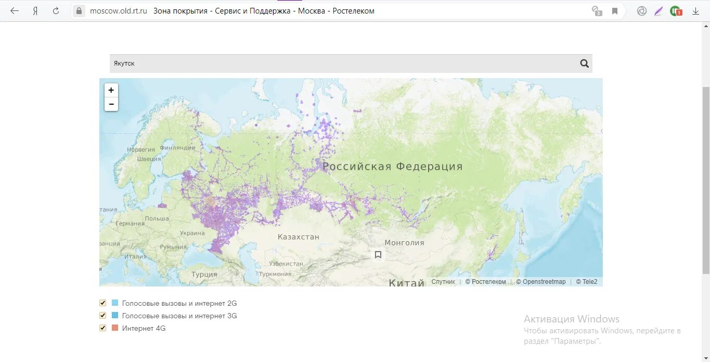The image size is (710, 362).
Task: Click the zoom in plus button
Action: click(x=111, y=90)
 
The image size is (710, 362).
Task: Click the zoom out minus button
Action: click(x=111, y=104)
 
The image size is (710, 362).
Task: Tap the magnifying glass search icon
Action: click(x=585, y=64)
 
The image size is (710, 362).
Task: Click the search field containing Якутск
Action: click(x=338, y=64)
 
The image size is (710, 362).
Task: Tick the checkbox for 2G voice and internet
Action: click(x=102, y=303)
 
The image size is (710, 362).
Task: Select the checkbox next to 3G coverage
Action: click(x=102, y=316)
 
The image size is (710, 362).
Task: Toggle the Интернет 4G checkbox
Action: click(x=102, y=328)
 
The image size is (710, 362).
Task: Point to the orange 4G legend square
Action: click(x=115, y=328)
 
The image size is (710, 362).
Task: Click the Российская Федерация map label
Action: click(x=392, y=167)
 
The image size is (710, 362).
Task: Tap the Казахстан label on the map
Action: click(x=298, y=237)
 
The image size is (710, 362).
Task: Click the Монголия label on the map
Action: click(x=404, y=243)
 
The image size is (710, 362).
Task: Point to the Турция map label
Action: click(x=204, y=274)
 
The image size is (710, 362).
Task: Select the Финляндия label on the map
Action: click(x=177, y=147)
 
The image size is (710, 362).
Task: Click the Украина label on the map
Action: click(x=192, y=233)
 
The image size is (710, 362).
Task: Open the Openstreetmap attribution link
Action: click(x=544, y=282)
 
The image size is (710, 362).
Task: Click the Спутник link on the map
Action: click(x=443, y=282)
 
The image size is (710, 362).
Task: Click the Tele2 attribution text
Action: click(x=589, y=282)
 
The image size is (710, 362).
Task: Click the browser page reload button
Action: click(x=56, y=11)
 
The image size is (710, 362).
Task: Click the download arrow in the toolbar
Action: click(x=695, y=11)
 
